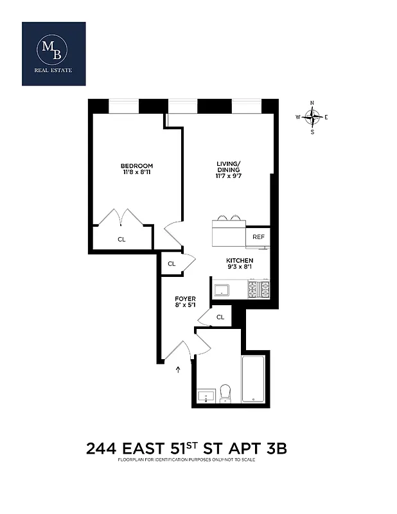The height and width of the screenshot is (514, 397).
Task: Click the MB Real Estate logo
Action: (54, 53)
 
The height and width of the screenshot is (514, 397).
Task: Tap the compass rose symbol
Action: (312, 117)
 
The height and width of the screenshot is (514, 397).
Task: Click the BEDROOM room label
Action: (137, 166)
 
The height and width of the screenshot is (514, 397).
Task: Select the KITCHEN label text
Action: (239, 260)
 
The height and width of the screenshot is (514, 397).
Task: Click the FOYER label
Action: (185, 299)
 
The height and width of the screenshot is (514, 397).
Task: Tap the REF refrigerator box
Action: (258, 237)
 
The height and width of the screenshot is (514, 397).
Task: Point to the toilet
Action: (225, 393)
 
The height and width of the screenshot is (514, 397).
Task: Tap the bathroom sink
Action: (206, 395)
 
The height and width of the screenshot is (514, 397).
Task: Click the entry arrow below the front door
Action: (179, 369)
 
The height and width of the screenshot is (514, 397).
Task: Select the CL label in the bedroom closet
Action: (121, 239)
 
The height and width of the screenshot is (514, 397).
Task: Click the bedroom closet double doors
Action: (122, 216)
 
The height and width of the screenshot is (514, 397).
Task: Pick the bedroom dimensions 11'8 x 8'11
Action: (137, 172)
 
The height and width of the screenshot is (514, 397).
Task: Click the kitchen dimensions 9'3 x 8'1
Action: (239, 267)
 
